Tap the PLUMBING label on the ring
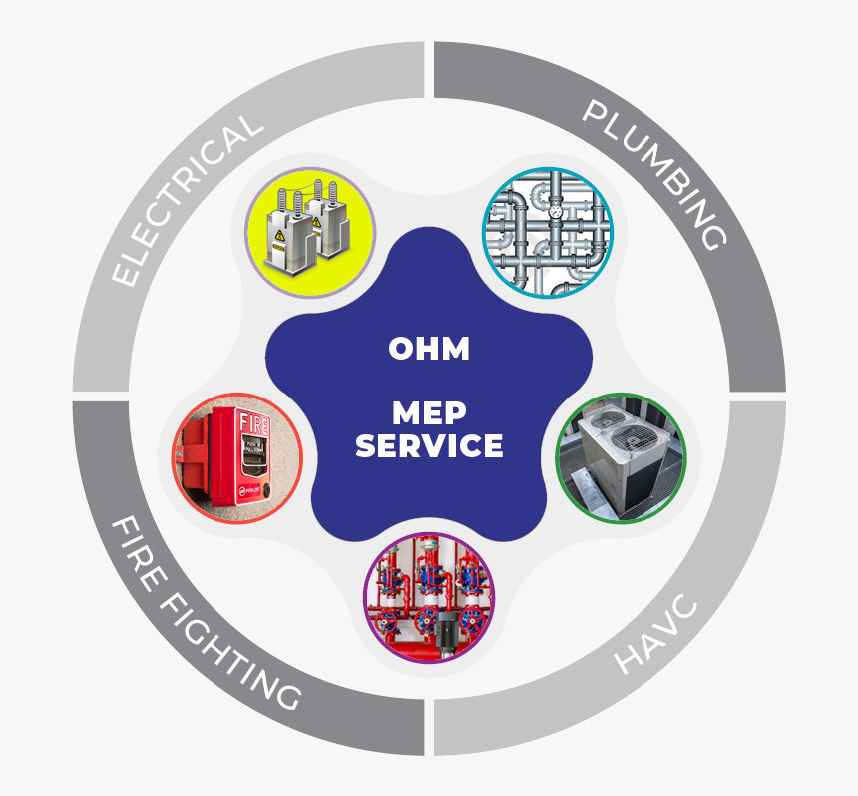pos(653,174)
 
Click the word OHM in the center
pos(429,350)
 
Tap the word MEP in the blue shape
pos(429,412)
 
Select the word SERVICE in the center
pos(429,445)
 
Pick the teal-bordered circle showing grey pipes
pos(548,232)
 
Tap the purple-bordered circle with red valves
pos(429,597)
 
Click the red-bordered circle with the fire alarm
pos(236,458)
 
